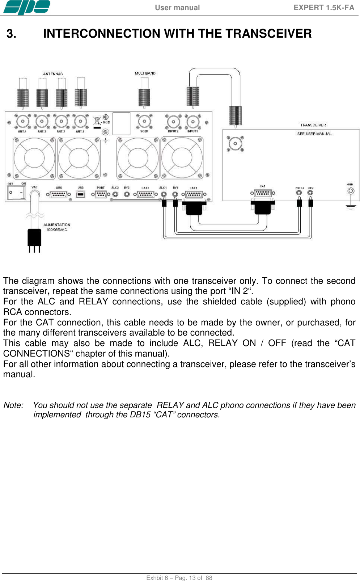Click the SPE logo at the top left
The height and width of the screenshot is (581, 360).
(x=27, y=8)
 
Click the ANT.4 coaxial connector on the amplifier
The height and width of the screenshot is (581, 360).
(x=22, y=121)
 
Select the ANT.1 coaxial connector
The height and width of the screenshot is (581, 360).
(x=80, y=121)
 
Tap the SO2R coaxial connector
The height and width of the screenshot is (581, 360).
(x=144, y=121)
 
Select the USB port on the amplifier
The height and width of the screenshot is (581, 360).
(x=80, y=194)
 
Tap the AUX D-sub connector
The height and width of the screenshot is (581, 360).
(x=59, y=194)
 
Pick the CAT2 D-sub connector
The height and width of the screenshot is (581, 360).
(x=145, y=194)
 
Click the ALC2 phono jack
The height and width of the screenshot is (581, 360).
(x=115, y=194)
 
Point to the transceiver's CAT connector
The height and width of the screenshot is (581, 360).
(x=263, y=193)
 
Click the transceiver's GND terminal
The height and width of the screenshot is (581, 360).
(x=351, y=191)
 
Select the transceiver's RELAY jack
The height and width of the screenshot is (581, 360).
(x=299, y=193)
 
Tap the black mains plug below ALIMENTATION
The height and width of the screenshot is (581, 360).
(x=34, y=237)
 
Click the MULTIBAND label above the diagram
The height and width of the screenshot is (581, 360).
(x=145, y=73)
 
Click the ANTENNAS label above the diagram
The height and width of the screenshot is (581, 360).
(x=53, y=74)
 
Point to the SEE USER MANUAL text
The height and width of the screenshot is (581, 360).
(x=314, y=134)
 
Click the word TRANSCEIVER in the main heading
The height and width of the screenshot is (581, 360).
(x=268, y=34)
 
